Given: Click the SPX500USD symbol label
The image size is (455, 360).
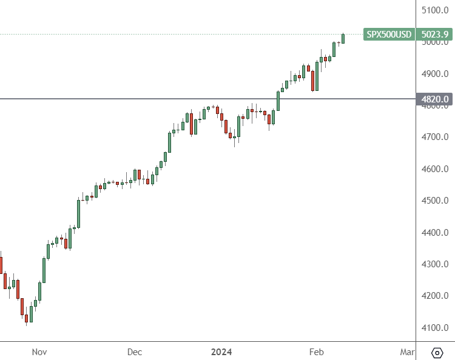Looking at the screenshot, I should pos(388,35).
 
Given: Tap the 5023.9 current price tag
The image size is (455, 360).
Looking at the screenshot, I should pos(434,35).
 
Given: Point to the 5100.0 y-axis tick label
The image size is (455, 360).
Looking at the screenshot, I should pos(434,10).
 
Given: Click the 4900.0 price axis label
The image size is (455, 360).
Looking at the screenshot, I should pos(434,74).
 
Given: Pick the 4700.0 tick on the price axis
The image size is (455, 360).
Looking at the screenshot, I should pos(434,137).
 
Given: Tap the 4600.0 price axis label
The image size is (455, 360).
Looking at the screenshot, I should pos(434,168).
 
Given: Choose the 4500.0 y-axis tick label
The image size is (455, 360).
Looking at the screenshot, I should pos(434,201).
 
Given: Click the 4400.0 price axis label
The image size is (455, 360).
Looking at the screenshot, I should pos(434,232).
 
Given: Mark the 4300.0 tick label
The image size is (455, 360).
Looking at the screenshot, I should pos(434,264).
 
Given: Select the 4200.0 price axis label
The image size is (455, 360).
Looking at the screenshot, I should pos(434,296).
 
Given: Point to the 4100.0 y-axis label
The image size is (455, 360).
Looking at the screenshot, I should pos(434,328).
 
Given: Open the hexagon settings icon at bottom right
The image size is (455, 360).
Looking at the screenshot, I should pos(437,353).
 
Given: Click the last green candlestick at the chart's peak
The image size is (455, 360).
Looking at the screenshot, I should pos(343,38).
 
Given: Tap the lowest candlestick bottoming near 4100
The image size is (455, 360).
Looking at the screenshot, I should pos(27,318).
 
